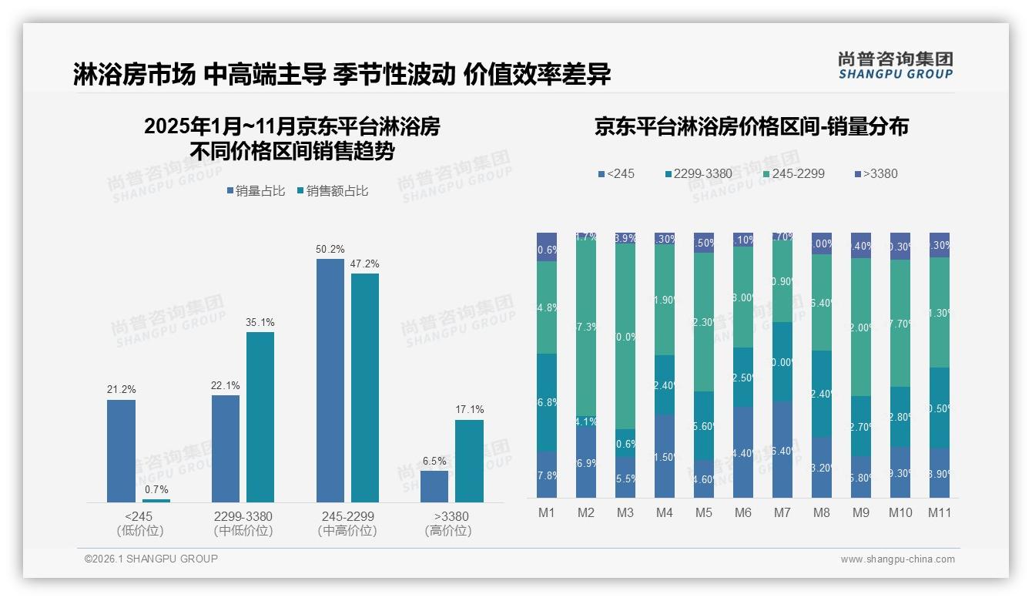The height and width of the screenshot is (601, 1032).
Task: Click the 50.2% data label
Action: click(x=330, y=249)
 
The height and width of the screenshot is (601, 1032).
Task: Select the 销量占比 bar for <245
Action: click(x=121, y=451)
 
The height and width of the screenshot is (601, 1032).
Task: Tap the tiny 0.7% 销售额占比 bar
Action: click(x=156, y=500)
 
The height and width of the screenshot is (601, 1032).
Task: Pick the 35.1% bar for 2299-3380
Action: click(x=260, y=417)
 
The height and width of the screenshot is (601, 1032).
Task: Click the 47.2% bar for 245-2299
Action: click(x=365, y=388)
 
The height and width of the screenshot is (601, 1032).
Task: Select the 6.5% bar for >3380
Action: click(x=434, y=486)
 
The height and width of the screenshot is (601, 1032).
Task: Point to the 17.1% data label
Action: click(x=469, y=410)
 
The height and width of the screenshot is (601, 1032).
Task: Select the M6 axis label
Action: click(x=743, y=512)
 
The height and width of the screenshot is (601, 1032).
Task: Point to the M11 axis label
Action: click(x=939, y=512)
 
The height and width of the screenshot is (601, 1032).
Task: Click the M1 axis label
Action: click(x=547, y=512)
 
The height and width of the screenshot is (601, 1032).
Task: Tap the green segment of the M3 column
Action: click(x=625, y=337)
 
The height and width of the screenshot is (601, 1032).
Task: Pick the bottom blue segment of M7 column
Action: click(x=782, y=448)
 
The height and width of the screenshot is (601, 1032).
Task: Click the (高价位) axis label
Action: click(x=447, y=531)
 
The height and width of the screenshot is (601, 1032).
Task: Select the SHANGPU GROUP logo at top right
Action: click(x=895, y=65)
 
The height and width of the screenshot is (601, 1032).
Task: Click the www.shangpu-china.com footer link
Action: click(x=897, y=559)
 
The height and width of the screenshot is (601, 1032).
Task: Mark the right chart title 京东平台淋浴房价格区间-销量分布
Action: click(x=751, y=126)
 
